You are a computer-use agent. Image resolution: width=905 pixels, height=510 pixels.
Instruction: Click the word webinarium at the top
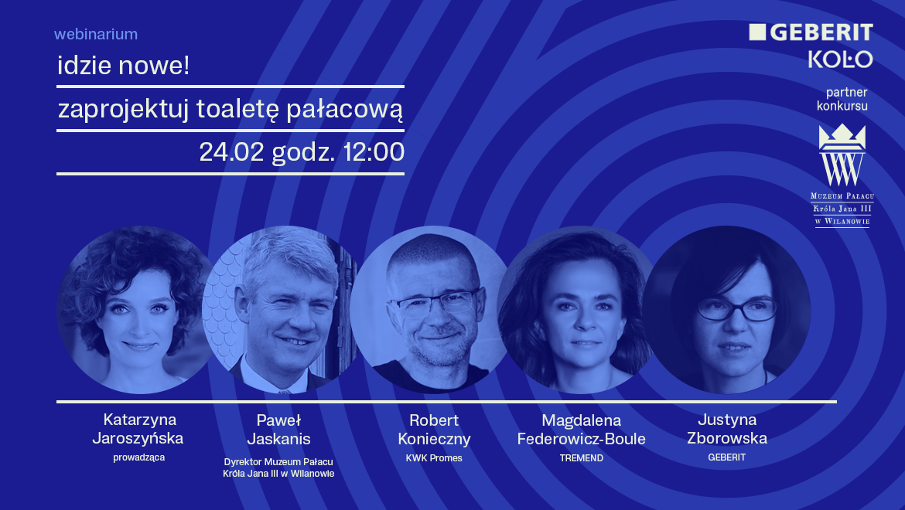tap(96, 34)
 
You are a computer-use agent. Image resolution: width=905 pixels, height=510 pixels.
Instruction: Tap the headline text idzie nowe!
tap(124, 65)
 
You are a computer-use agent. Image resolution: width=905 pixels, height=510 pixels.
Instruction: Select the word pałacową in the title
tap(344, 109)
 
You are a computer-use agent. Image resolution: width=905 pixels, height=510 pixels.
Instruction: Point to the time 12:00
tap(374, 152)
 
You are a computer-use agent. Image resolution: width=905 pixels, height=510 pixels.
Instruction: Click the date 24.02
tap(231, 152)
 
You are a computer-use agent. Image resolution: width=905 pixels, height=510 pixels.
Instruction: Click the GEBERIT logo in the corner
tap(811, 32)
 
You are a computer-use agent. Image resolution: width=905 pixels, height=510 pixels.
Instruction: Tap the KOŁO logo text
tap(840, 59)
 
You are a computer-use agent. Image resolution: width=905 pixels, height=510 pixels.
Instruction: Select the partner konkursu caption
tap(842, 99)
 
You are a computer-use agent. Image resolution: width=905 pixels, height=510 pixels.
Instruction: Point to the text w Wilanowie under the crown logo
tap(842, 221)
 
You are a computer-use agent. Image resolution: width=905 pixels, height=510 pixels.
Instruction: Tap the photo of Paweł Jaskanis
tap(281, 310)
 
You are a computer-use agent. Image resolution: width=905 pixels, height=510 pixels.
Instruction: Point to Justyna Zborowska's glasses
tap(736, 309)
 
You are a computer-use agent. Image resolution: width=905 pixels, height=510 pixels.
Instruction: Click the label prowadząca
tap(139, 457)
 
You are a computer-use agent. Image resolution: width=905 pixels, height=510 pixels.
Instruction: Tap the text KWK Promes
tap(434, 458)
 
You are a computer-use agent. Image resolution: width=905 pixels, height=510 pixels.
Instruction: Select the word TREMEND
tap(581, 458)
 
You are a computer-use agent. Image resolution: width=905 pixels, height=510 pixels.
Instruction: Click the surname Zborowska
tap(727, 439)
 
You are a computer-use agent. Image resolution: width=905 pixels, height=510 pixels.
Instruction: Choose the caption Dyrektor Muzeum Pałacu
tap(278, 461)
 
